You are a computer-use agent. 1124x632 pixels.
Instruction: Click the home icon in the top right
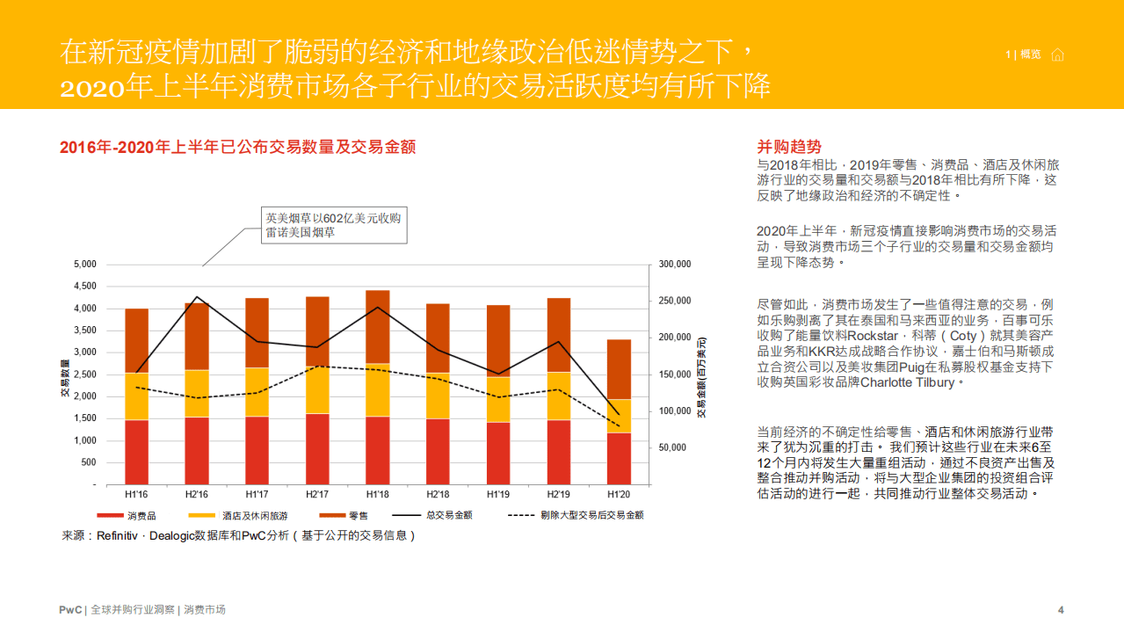tap(1057, 55)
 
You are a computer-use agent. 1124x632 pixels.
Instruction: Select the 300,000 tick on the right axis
tap(674, 265)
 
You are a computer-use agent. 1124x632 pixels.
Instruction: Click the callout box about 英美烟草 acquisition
tap(333, 225)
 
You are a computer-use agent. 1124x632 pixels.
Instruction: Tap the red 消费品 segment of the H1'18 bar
tap(377, 450)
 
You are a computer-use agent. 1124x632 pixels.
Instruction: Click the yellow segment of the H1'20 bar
tap(619, 416)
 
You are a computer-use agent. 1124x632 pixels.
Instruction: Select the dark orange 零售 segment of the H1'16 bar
tap(137, 340)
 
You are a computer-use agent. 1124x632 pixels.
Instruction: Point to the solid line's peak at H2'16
tap(197, 297)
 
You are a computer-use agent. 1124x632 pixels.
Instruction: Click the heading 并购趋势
tap(789, 147)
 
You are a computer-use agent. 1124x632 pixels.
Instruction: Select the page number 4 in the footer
tap(1061, 610)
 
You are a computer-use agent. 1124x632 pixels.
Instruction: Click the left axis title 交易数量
tap(65, 378)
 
